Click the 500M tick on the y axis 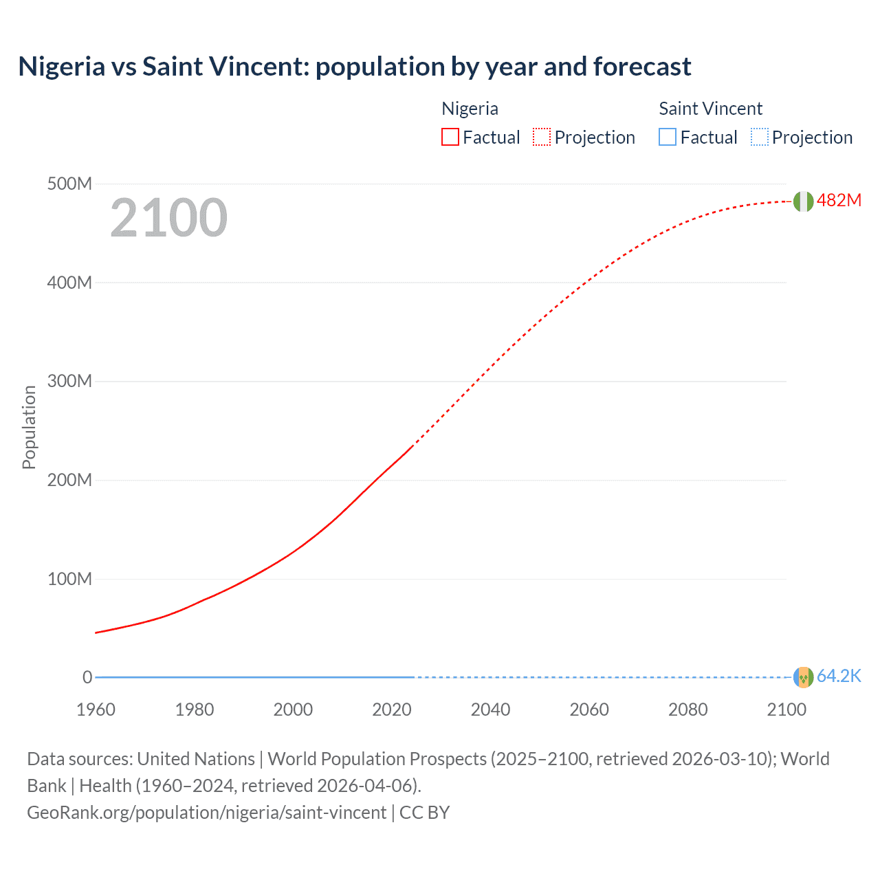(69, 184)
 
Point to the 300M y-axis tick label (69, 382)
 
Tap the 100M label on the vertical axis (69, 579)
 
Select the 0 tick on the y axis (87, 677)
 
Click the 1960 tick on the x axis (96, 709)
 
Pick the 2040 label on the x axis (490, 709)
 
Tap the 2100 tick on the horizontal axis (786, 709)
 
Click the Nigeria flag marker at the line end (803, 201)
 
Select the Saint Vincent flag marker (803, 677)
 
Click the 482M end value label (839, 201)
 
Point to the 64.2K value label (839, 676)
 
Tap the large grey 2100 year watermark (168, 218)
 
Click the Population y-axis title (29, 427)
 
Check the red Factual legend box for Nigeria (450, 137)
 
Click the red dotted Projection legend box (542, 137)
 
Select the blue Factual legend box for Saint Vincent (668, 137)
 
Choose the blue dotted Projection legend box (760, 137)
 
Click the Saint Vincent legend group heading (710, 109)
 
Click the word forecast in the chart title (642, 67)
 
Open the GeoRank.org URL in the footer (206, 813)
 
